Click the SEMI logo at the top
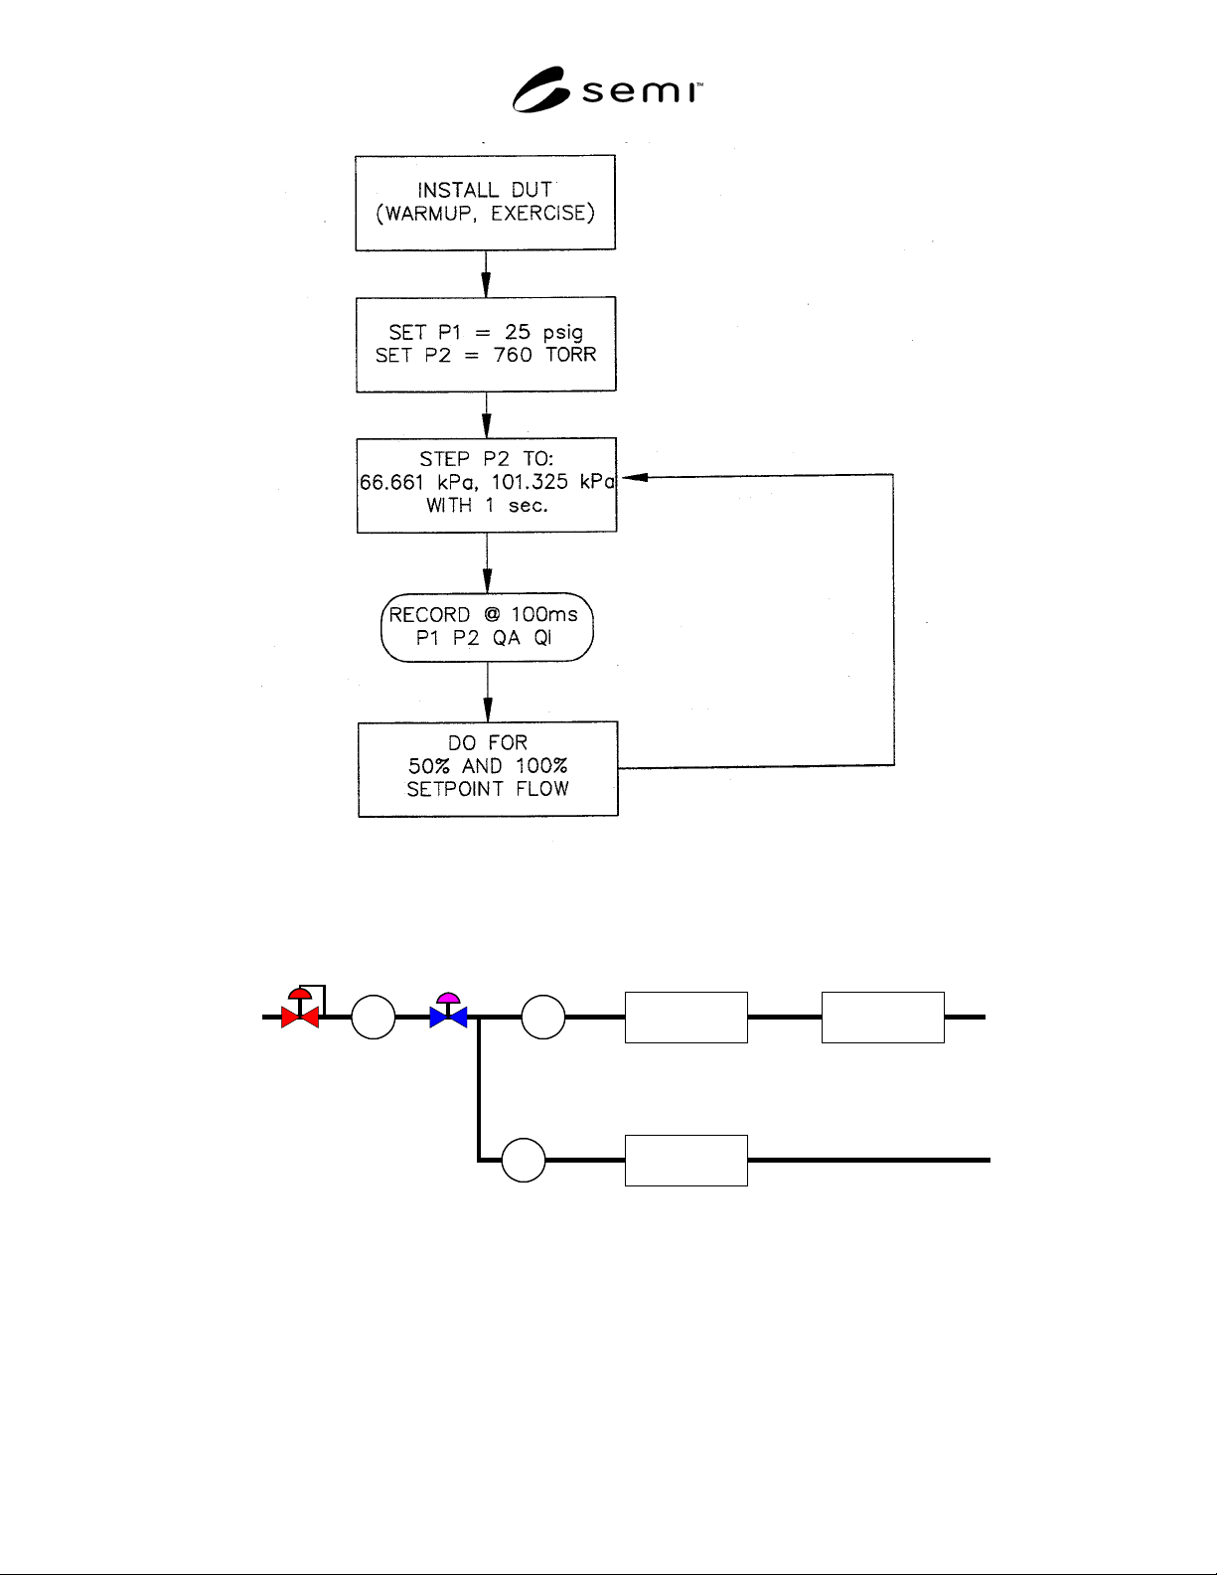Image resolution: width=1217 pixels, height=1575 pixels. click(x=607, y=89)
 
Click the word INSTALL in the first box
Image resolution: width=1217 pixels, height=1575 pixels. click(x=458, y=190)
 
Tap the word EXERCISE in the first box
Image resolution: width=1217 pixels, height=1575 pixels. click(x=538, y=213)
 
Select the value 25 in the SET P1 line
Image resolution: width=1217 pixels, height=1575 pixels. click(x=518, y=332)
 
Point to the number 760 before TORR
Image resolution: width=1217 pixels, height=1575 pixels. click(x=513, y=355)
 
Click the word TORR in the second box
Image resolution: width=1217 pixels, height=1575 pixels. click(x=571, y=355)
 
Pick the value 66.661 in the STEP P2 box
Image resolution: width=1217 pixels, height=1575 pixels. click(x=391, y=482)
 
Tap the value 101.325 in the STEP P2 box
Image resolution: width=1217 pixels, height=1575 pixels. click(x=530, y=482)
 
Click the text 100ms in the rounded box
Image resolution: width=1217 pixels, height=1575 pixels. click(x=544, y=615)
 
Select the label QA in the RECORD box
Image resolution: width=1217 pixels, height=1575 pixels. click(x=507, y=638)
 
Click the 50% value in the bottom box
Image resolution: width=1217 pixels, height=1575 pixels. click(x=429, y=766)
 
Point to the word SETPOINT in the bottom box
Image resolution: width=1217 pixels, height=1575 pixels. click(x=455, y=789)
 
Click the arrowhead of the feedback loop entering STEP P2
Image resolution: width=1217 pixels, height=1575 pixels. click(x=634, y=477)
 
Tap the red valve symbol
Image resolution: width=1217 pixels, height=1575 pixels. click(x=300, y=1009)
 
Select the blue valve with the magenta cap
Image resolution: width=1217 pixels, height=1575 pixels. click(x=448, y=1011)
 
